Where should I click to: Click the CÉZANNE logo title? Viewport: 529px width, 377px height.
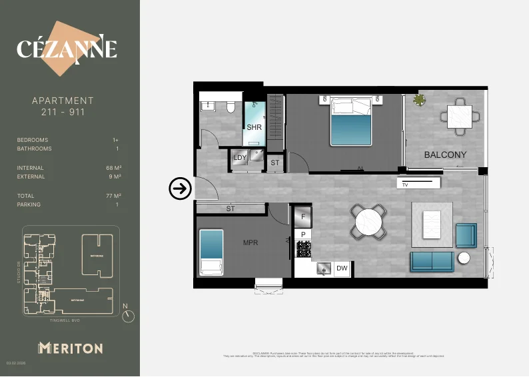pos(67,49)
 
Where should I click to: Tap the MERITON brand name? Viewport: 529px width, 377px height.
pos(70,348)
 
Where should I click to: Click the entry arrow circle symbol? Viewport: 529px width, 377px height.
pos(180,189)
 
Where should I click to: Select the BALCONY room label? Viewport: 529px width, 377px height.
pos(445,155)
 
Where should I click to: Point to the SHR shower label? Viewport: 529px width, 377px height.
pos(254,127)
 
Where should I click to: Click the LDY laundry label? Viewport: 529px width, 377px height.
pos(240,158)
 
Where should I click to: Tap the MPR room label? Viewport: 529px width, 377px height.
pos(251,242)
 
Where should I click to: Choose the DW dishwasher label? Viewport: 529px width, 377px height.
pos(342,268)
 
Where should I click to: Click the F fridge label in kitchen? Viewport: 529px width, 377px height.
pos(303,216)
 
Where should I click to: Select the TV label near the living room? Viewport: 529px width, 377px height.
pos(404,185)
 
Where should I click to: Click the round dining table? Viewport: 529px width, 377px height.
pos(368,222)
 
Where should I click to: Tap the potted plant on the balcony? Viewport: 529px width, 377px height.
pos(419,101)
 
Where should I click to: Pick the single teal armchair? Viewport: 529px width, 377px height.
pos(466,234)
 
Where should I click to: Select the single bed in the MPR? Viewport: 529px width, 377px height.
pos(211,252)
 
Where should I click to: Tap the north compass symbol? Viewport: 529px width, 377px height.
pos(129,316)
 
